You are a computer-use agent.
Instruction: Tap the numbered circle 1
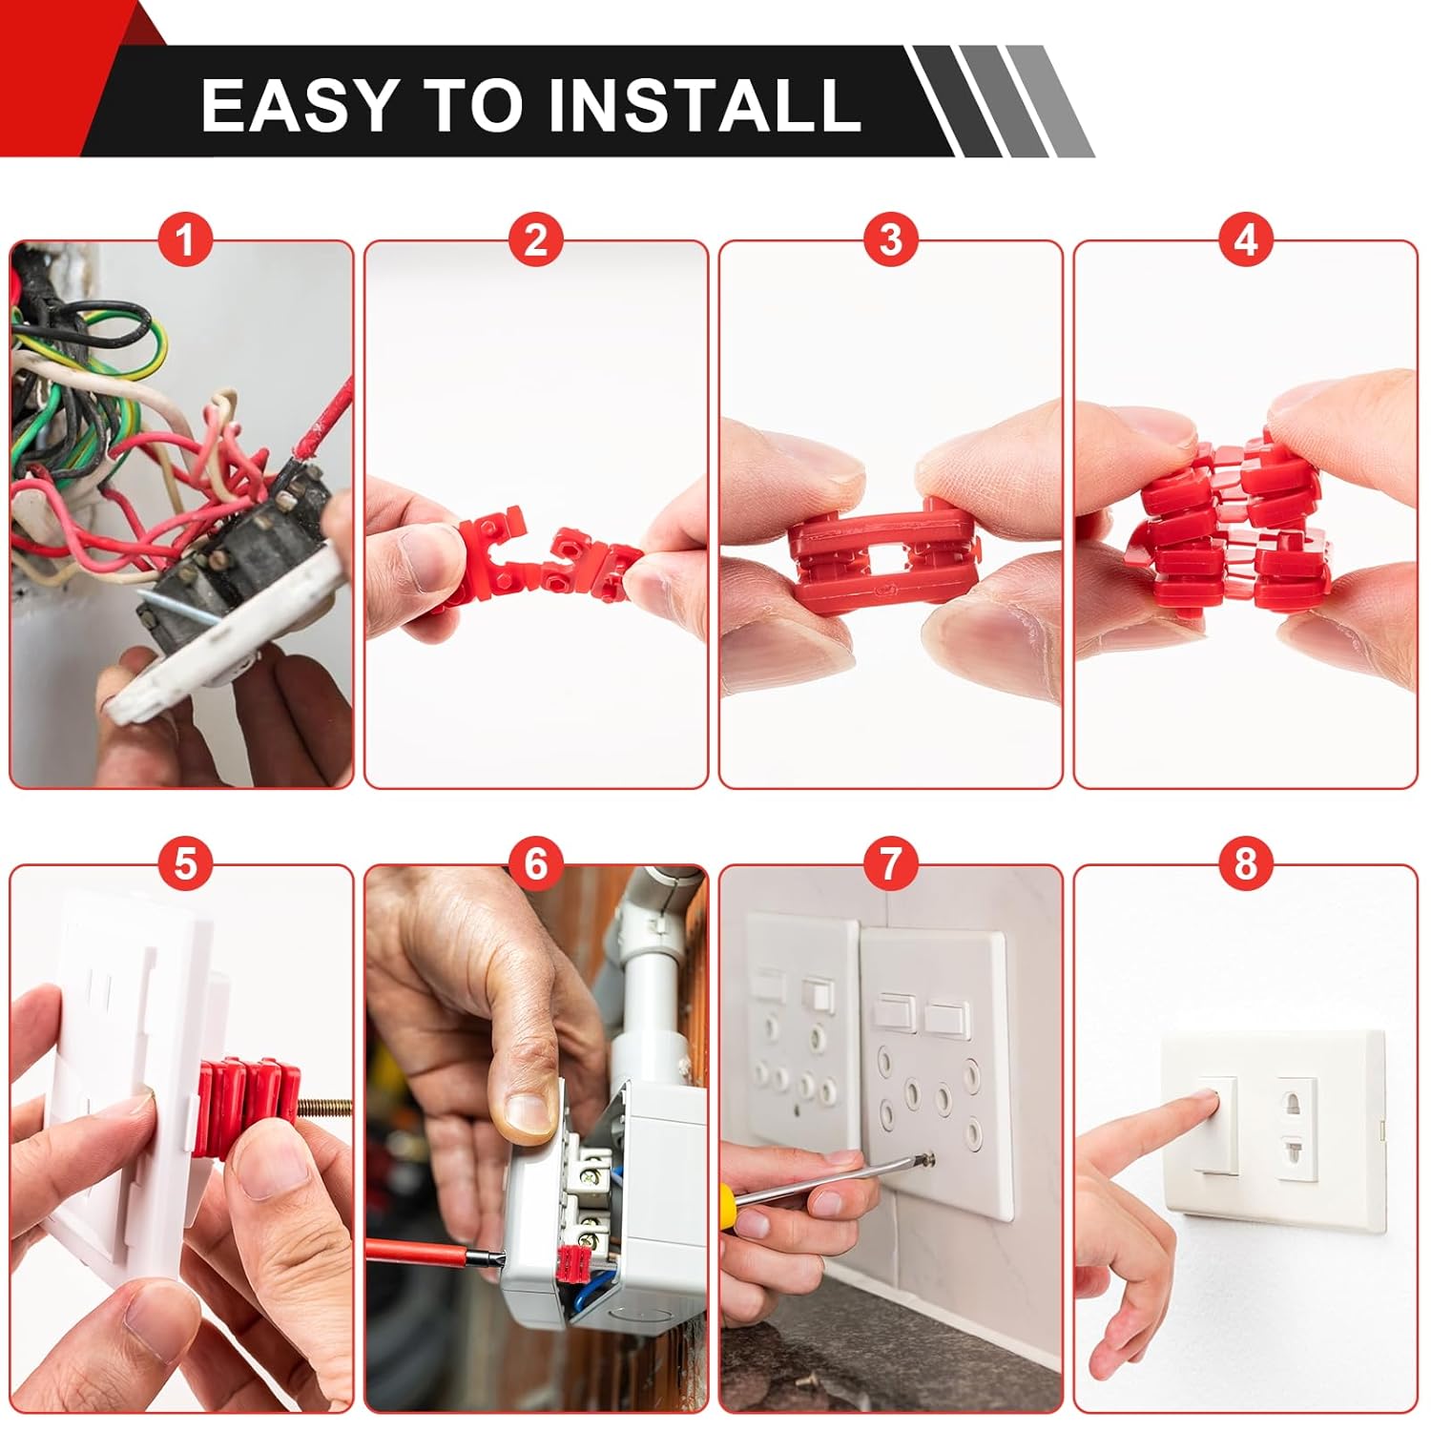185,240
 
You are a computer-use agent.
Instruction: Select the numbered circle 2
536,240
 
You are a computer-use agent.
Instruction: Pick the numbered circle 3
890,240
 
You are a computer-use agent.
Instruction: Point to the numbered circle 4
1246,240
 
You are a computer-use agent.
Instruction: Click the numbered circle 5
185,864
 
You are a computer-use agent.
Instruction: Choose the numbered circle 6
536,864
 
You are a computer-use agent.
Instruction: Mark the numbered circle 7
890,864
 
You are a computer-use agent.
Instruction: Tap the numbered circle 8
1246,864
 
